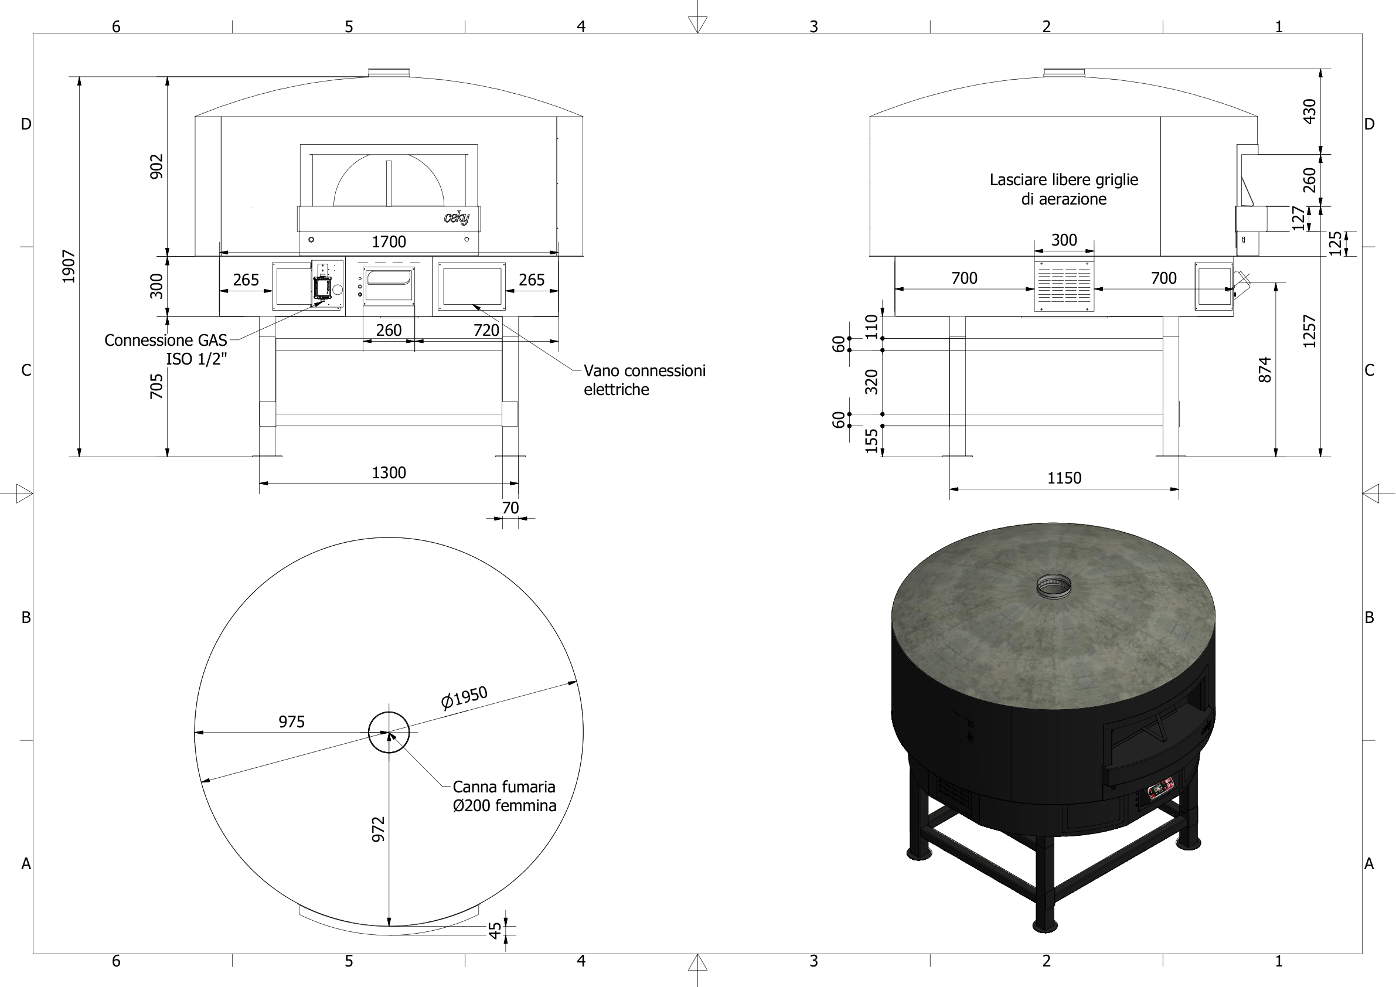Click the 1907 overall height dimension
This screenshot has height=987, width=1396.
69,266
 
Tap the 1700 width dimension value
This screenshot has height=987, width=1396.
389,242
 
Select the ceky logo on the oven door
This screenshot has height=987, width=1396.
456,217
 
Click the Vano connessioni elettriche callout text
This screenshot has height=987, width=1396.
644,380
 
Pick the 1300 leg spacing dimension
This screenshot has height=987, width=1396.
389,472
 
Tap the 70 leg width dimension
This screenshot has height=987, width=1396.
510,508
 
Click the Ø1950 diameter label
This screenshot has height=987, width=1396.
465,697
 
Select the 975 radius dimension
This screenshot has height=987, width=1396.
291,722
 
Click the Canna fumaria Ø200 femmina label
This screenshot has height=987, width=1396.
504,796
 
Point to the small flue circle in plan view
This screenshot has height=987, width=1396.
389,732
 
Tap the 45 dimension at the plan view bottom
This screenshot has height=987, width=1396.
496,931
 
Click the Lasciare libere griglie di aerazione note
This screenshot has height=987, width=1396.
1064,189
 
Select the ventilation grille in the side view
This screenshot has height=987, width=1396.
1064,286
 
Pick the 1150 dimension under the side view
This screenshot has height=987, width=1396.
1064,478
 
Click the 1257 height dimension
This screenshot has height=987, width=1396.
1310,331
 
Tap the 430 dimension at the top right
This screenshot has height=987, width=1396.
1310,111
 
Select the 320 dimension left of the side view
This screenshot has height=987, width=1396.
871,382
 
